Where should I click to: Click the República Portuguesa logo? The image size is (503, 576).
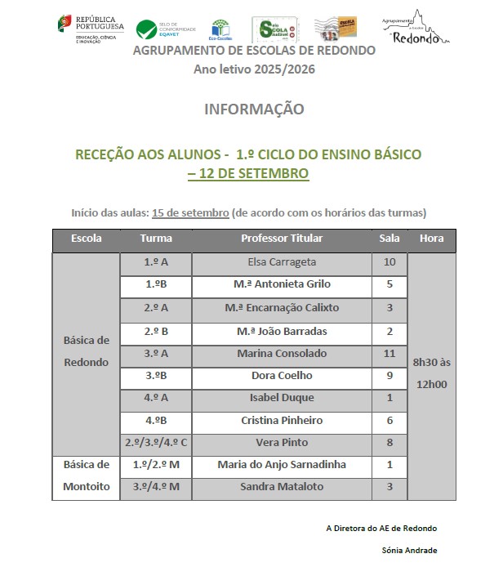coord(90,28)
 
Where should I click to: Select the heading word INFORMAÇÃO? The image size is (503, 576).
coord(254,109)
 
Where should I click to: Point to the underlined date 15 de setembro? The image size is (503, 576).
coord(190,213)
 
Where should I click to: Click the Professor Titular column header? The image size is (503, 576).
coord(282,239)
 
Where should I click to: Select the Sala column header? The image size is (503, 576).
coord(389,239)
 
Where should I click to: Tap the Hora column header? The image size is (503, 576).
coord(431,239)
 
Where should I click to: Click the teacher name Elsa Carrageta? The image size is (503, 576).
coord(281,263)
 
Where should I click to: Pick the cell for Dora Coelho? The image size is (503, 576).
coord(281,377)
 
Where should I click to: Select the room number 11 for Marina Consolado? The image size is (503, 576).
coord(389,354)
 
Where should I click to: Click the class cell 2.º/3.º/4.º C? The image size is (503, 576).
coord(156,442)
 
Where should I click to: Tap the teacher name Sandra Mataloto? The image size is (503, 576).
coord(281,487)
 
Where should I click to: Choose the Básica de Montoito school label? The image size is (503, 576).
coord(87,476)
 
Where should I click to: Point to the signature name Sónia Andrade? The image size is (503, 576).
coord(409,550)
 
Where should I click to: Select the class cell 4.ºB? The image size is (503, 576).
coord(156,420)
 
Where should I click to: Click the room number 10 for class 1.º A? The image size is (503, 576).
coord(389,263)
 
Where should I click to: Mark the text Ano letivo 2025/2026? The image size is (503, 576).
coord(254,69)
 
